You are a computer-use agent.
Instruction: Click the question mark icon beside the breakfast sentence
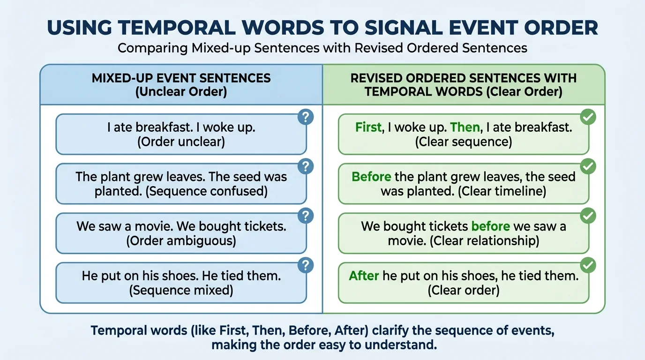(x=306, y=117)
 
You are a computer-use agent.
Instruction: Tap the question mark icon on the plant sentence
(x=306, y=166)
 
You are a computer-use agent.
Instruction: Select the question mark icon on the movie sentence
(x=306, y=216)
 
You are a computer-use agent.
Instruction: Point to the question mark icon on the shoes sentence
(x=306, y=266)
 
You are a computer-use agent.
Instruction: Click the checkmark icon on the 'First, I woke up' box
(x=588, y=117)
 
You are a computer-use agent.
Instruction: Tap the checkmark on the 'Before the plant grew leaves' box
(x=588, y=166)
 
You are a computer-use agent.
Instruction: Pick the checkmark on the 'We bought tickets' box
(x=588, y=216)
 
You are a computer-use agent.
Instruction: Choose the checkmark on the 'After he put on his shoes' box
(x=588, y=266)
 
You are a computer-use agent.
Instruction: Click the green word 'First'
(x=368, y=127)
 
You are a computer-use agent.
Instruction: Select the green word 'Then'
(x=465, y=127)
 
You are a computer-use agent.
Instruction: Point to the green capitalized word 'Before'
(x=371, y=177)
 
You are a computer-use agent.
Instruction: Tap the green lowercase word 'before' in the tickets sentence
(x=490, y=226)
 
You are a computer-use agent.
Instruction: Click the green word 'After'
(x=364, y=276)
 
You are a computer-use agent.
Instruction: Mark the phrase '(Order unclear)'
(x=181, y=142)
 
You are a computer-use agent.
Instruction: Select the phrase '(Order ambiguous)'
(x=181, y=240)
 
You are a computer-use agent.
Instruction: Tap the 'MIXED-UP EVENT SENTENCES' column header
(x=181, y=78)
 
